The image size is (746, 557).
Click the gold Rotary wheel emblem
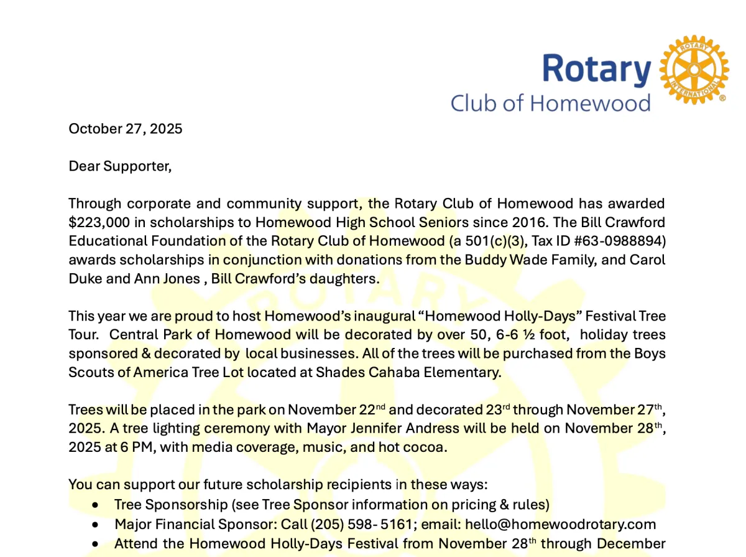pos(693,70)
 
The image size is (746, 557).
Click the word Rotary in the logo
pos(596,69)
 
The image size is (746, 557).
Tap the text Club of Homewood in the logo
pos(550,103)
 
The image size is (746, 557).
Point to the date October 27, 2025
pos(126,129)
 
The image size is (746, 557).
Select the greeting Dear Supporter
pos(119,166)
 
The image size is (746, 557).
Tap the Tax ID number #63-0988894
pos(628,241)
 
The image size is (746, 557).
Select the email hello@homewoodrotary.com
pos(560,525)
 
